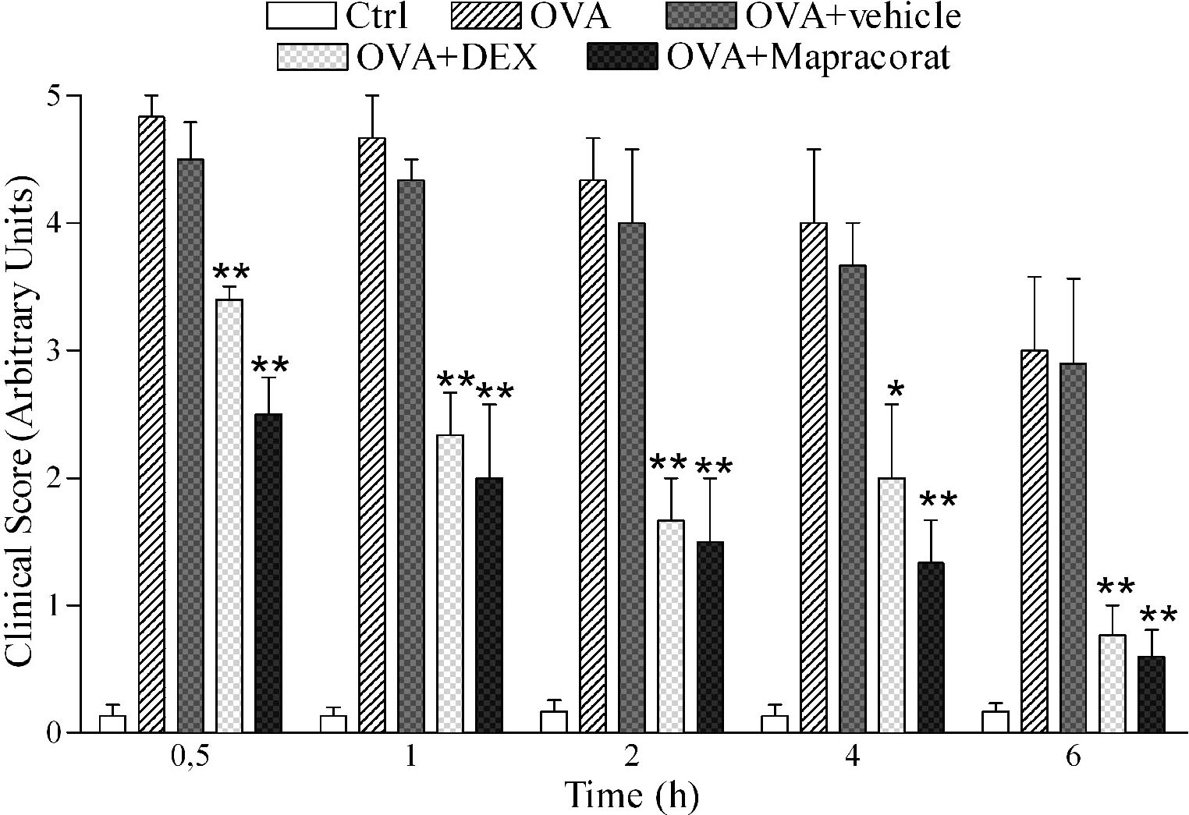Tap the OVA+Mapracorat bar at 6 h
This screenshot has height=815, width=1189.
tap(1151, 694)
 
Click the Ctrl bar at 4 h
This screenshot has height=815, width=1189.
tap(775, 724)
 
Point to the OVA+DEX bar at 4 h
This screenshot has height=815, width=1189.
tap(892, 604)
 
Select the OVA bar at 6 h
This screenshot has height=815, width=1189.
tap(1034, 541)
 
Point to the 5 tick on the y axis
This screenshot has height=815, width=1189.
tap(75, 96)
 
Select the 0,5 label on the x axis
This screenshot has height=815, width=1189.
tap(190, 758)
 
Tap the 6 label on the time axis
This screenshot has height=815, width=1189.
tap(1074, 758)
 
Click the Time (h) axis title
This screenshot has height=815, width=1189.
tap(631, 796)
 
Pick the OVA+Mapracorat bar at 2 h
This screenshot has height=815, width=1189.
tap(710, 636)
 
